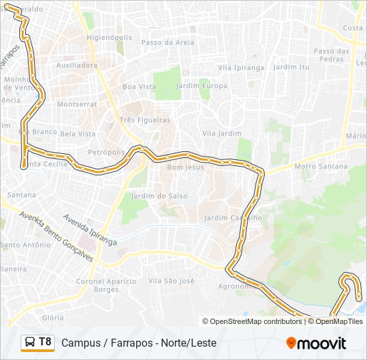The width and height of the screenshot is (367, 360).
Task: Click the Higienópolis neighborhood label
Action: coord(109,38)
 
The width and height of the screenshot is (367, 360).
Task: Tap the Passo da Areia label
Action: coord(167,42)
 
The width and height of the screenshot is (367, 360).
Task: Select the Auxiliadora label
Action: coord(77,65)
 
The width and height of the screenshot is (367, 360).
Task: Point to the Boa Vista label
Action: coord(139,87)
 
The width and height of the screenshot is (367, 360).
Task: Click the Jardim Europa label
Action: coord(201,86)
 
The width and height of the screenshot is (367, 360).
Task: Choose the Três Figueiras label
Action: coord(145,120)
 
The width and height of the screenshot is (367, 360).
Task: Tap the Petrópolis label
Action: coord(106,152)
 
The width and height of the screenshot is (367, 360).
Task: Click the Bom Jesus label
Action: coord(185,167)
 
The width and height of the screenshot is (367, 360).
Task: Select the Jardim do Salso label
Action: coord(159,196)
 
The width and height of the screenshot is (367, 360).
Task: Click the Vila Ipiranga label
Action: coord(242,67)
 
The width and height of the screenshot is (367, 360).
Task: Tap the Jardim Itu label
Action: coord(292,67)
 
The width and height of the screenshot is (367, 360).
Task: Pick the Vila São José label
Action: coord(171,281)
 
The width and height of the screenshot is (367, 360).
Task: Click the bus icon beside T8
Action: coord(30,343)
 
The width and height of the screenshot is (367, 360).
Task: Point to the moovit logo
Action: coord(316,343)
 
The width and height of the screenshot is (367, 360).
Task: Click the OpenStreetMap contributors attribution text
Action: coord(256,321)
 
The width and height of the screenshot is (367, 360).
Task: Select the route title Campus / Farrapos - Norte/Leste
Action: coord(139,343)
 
